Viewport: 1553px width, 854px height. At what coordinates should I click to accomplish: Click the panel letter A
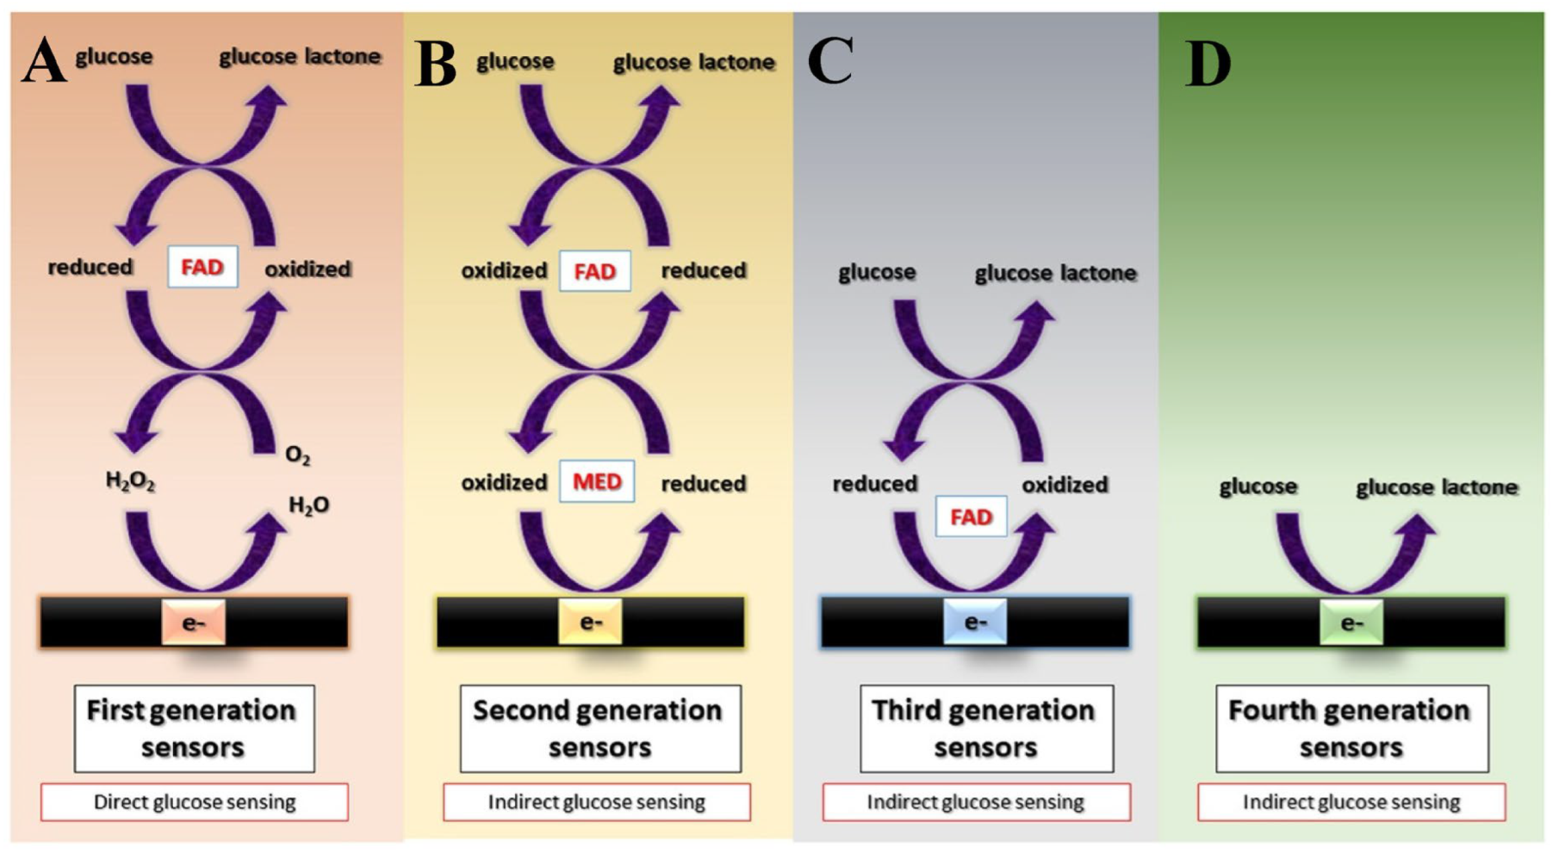coord(44,62)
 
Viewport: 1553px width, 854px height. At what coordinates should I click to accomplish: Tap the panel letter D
coord(1208,64)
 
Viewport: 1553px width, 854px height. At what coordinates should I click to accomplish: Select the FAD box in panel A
coord(202,267)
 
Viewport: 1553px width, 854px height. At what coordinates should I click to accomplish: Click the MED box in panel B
coord(597,481)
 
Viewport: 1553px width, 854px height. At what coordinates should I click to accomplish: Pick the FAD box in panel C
coord(971,517)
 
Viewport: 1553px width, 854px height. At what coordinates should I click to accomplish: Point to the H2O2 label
coord(130,480)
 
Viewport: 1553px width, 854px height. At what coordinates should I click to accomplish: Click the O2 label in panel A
coord(297,455)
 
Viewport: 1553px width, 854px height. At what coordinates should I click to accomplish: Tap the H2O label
coord(308,505)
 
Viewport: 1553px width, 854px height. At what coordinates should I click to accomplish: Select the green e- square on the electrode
coord(1351,622)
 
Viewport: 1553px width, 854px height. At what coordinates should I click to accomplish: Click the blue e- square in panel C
coord(975,622)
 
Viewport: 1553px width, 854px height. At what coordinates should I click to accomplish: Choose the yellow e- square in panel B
coord(590,622)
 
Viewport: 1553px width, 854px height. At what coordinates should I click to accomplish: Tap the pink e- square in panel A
coord(194,622)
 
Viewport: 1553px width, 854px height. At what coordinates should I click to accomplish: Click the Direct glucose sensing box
coord(195,802)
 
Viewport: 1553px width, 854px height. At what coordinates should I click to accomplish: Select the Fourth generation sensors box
coord(1351,728)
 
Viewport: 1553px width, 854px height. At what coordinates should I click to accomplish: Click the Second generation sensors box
coord(599,728)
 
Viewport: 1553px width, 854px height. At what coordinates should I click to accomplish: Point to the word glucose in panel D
coord(1258,486)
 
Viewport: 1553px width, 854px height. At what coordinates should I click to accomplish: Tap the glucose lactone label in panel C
coord(1055,274)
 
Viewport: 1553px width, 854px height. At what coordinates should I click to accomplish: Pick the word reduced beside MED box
coord(703,484)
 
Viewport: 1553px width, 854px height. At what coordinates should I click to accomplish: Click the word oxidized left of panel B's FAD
coord(504,271)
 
